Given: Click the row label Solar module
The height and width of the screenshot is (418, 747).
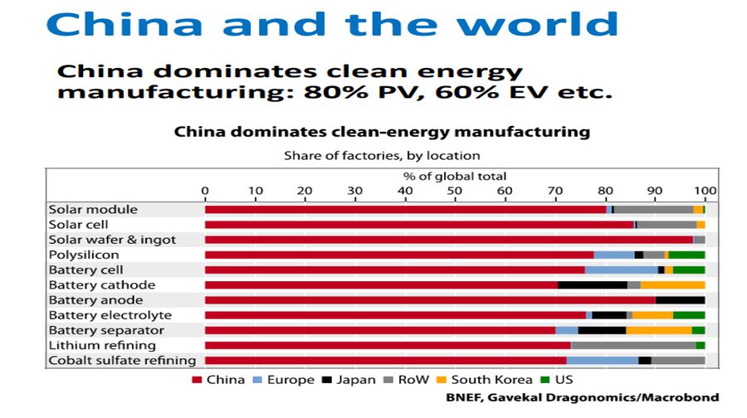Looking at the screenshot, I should click(x=93, y=210).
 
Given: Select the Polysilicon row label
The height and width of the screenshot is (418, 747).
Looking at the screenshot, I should click(x=84, y=255).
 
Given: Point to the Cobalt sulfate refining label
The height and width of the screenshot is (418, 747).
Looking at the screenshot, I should click(x=122, y=360).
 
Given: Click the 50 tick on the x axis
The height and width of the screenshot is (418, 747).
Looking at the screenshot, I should click(x=455, y=191).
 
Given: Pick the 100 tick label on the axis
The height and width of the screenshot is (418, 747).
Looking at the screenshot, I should click(x=705, y=191).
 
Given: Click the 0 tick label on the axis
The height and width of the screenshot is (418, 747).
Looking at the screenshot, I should click(x=205, y=191).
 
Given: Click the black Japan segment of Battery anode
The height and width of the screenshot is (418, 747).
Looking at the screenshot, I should click(x=680, y=300).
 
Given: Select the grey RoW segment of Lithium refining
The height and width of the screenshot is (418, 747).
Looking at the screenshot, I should click(x=633, y=345).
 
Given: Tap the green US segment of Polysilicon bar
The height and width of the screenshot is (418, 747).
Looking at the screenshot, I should click(x=686, y=255).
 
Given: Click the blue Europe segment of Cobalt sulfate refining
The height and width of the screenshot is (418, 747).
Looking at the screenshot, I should click(x=603, y=360).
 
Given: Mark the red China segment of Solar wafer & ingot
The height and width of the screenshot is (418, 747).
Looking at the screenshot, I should click(x=448, y=240).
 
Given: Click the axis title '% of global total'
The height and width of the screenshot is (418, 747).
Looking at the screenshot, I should click(x=455, y=176).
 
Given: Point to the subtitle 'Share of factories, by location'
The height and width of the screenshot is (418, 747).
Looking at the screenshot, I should click(x=382, y=155).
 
